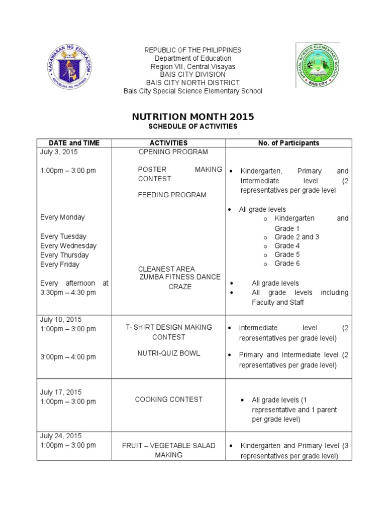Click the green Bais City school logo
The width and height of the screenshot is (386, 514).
click(x=318, y=65)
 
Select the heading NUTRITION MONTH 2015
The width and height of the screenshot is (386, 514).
click(x=192, y=117)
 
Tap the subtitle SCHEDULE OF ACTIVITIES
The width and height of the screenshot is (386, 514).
click(x=192, y=126)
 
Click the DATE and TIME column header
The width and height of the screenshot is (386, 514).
click(x=74, y=143)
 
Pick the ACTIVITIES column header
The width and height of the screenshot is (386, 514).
click(x=168, y=143)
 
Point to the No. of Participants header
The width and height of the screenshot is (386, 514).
click(x=288, y=143)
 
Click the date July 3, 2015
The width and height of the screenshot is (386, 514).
click(x=59, y=152)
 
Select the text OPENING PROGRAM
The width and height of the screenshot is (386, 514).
click(x=173, y=152)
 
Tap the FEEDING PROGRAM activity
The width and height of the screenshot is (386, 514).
click(x=172, y=195)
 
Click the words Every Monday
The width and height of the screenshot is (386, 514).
click(x=62, y=217)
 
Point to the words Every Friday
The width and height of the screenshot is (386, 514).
click(x=60, y=265)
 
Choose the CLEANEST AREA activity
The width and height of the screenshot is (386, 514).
click(x=166, y=269)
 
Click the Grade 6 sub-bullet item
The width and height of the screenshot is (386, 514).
click(x=287, y=264)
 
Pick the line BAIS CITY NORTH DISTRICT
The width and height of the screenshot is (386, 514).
click(x=192, y=82)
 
